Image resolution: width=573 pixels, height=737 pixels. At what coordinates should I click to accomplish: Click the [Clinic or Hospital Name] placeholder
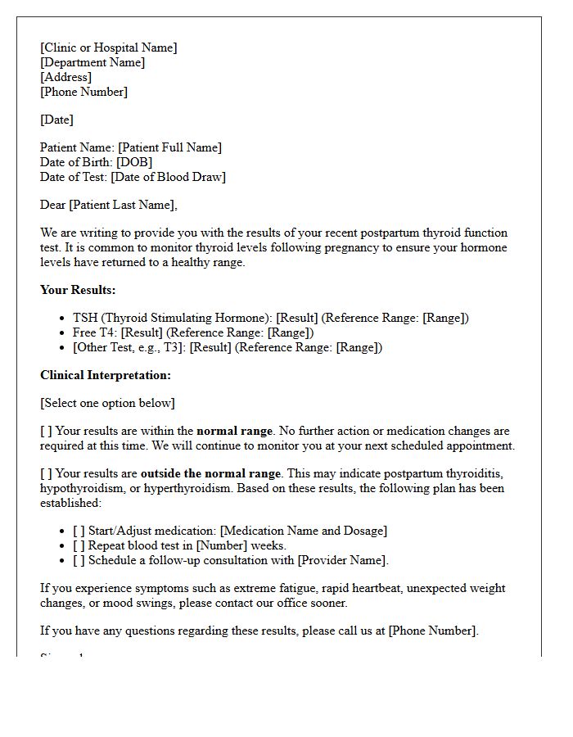[x=108, y=47]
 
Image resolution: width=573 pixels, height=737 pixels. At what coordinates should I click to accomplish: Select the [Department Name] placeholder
[x=92, y=62]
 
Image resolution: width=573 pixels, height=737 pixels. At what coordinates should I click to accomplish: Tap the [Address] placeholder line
[x=65, y=77]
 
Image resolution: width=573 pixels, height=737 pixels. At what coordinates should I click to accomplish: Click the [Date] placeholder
[x=56, y=120]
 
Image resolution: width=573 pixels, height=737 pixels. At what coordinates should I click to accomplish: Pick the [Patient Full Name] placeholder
[x=169, y=147]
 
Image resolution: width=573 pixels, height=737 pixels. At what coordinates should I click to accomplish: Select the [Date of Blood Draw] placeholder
[x=168, y=177]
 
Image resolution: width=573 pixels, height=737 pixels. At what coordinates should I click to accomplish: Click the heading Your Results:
[x=78, y=290]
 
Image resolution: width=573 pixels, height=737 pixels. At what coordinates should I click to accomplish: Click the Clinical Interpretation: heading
[x=106, y=375]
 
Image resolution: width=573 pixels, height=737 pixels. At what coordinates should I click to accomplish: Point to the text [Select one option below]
[x=107, y=403]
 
